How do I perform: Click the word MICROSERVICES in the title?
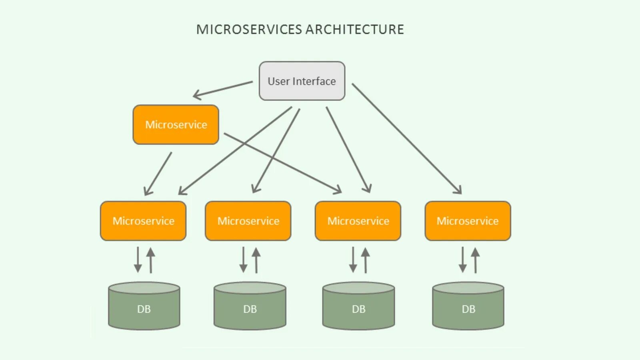(x=249, y=30)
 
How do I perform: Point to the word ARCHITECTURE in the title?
(x=355, y=30)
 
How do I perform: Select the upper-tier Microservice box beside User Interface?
(x=176, y=124)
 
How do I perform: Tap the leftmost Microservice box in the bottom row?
(x=143, y=221)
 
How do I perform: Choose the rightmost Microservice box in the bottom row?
(x=468, y=221)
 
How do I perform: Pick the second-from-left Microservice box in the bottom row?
(x=248, y=221)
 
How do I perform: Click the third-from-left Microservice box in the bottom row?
(x=358, y=221)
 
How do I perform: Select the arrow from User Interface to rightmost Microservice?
(x=407, y=139)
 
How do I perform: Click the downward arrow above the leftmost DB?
(x=138, y=260)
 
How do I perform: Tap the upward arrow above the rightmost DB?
(x=475, y=260)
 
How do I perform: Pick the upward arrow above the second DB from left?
(x=256, y=260)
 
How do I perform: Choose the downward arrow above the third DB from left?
(x=353, y=260)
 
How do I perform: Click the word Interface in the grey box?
(x=314, y=81)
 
